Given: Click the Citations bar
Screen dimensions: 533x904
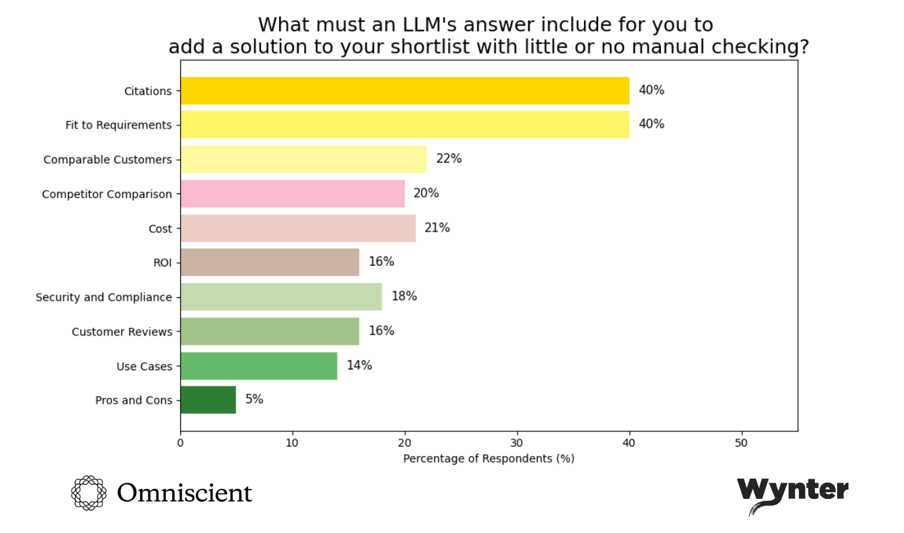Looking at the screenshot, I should click(x=404, y=90).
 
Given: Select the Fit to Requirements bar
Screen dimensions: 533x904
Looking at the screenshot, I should click(x=404, y=125).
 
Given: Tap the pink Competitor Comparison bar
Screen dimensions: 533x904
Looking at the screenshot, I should click(x=292, y=194).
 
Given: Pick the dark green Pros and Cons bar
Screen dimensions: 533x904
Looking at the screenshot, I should click(x=208, y=400).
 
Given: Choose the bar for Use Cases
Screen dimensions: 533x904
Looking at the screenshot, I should click(x=258, y=366).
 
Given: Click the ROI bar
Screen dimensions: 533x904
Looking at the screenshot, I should click(x=269, y=262).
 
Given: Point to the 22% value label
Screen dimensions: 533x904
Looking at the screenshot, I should click(x=449, y=159).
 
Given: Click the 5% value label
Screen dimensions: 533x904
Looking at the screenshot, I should click(x=254, y=400).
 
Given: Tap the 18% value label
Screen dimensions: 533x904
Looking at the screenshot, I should click(x=404, y=296).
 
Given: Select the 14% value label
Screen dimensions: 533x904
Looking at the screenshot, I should click(x=359, y=366).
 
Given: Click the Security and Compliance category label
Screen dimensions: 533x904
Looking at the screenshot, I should click(x=104, y=297).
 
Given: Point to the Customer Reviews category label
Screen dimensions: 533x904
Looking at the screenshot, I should click(x=122, y=331).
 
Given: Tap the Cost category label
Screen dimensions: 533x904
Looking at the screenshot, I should click(x=160, y=228).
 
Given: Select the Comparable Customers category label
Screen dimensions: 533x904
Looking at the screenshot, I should click(x=108, y=159).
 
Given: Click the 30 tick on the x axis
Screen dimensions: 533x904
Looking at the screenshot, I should click(x=516, y=443).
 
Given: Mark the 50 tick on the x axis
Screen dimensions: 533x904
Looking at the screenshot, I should click(x=741, y=443).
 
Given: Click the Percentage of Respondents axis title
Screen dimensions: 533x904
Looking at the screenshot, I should click(x=488, y=459).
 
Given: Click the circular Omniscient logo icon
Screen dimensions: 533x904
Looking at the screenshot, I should click(x=88, y=493).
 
